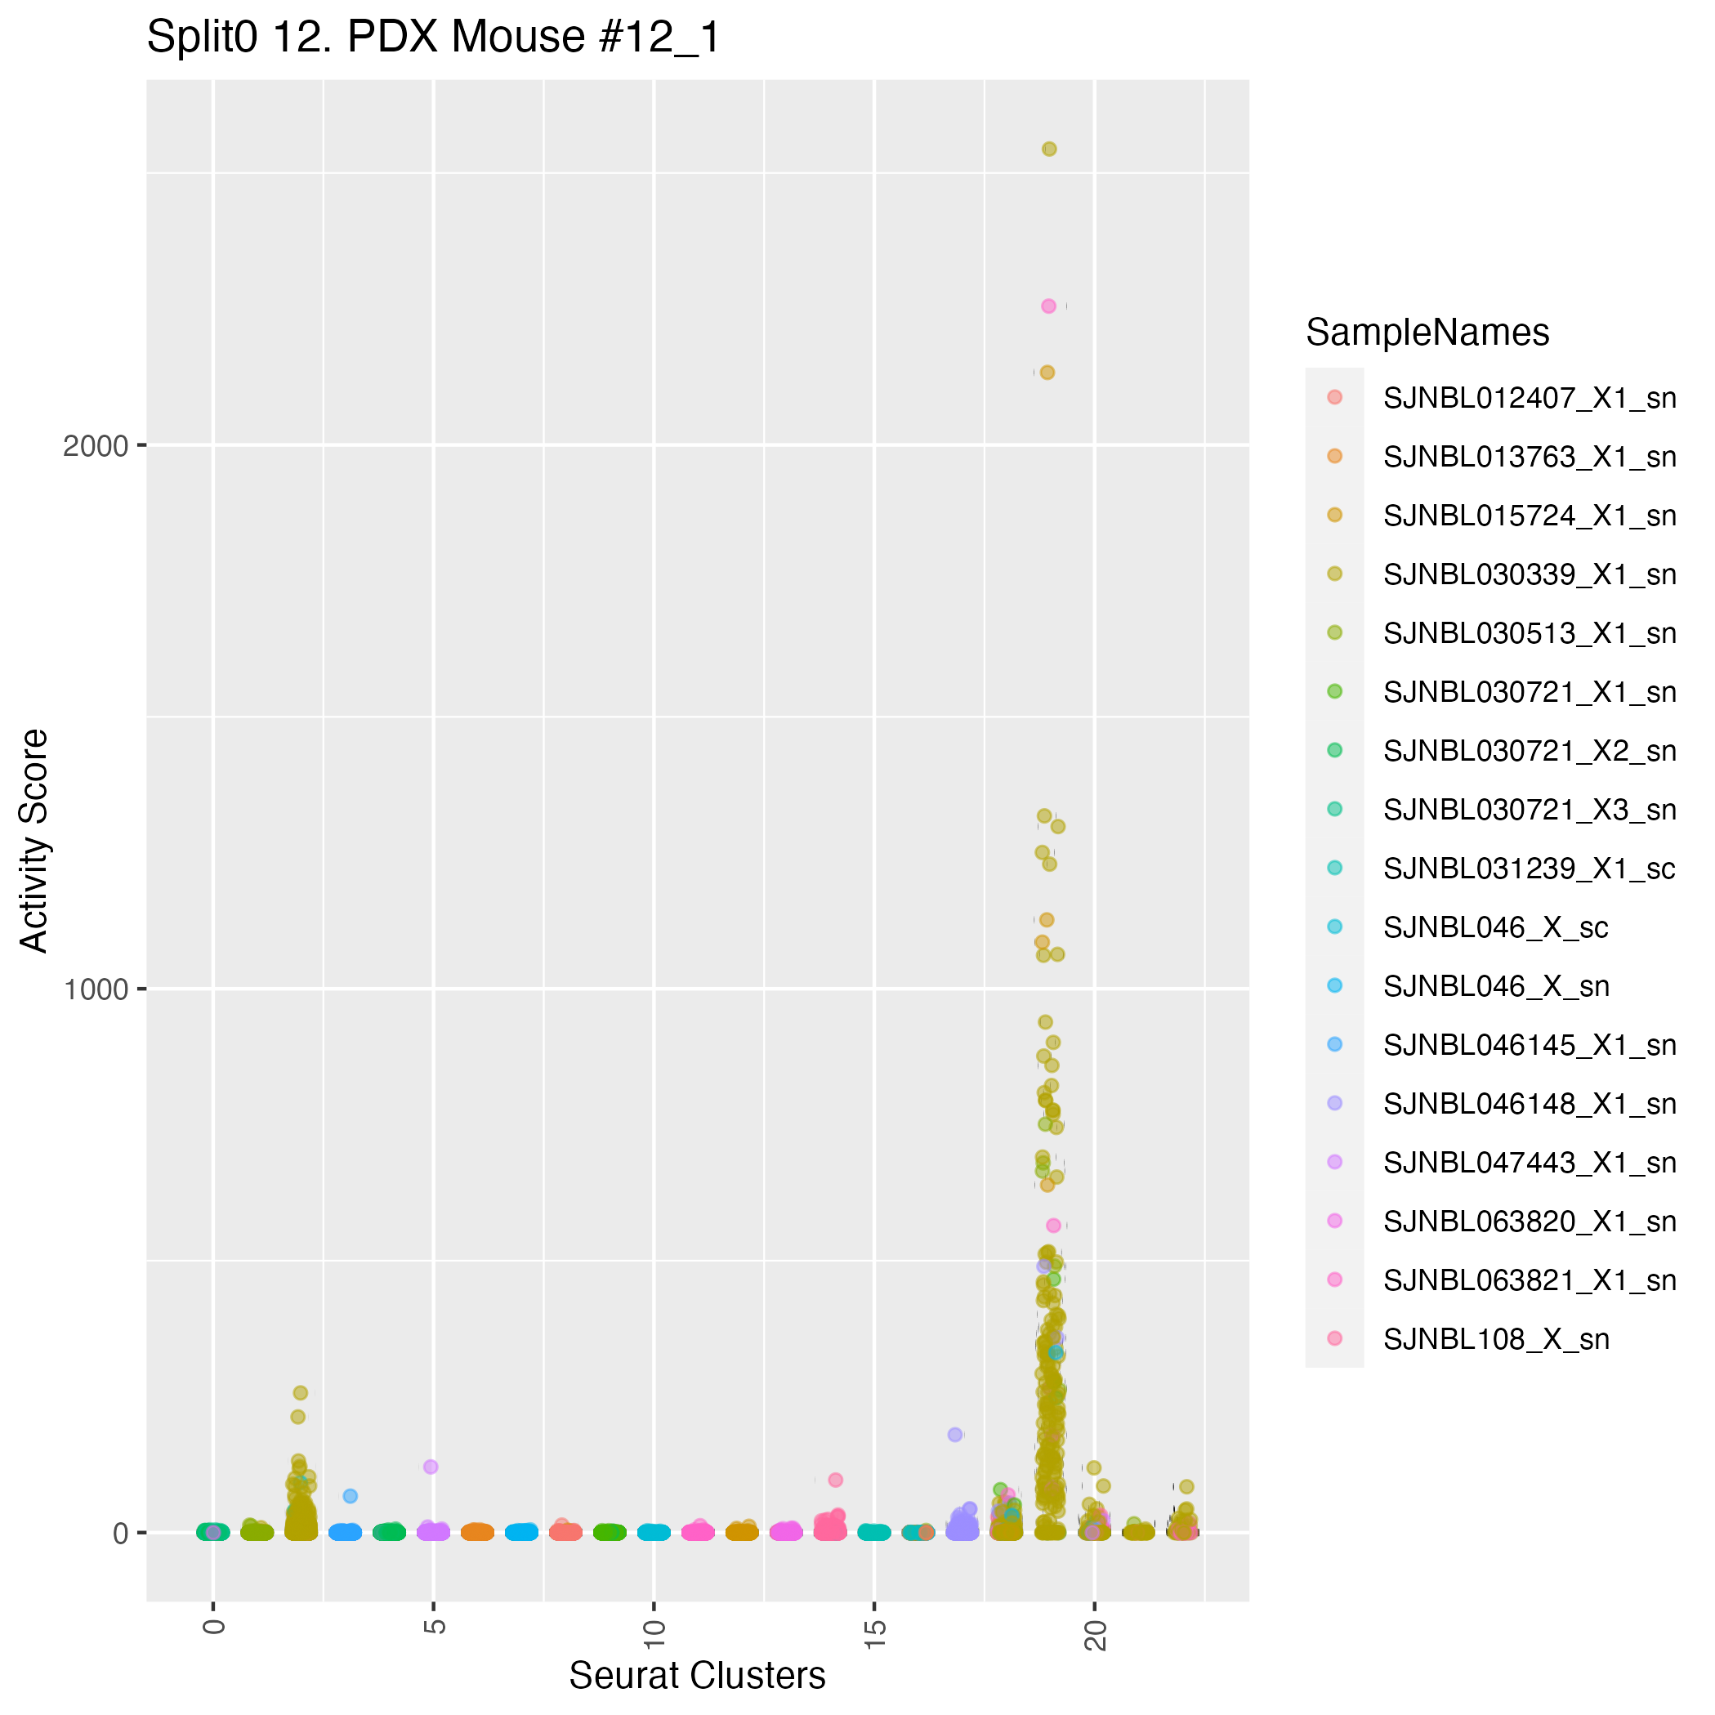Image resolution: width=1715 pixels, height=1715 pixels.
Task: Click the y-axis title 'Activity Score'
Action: (34, 840)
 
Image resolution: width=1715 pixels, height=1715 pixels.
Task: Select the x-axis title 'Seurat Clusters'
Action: (697, 1675)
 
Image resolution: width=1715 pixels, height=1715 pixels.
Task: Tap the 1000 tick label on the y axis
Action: (96, 989)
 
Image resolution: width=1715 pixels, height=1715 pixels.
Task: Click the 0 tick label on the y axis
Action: (123, 1533)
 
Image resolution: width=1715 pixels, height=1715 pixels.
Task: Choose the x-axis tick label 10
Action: (654, 1633)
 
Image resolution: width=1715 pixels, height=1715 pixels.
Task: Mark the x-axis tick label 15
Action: (874, 1633)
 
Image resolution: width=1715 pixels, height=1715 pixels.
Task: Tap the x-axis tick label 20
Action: (1096, 1633)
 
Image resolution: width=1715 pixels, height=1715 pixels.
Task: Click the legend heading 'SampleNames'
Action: (1427, 333)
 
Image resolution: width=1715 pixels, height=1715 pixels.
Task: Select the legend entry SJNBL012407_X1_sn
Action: (1529, 399)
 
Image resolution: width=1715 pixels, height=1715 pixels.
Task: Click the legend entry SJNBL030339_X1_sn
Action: (1529, 575)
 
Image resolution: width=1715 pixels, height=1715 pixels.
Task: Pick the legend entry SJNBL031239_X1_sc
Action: (1529, 869)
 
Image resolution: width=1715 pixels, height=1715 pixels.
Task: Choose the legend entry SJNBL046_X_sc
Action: (1495, 927)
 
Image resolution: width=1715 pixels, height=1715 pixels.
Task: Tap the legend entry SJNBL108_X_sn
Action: (1496, 1339)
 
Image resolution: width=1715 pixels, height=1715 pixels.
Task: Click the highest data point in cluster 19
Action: (1049, 150)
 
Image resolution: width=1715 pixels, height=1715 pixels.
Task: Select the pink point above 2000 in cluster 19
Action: (1048, 306)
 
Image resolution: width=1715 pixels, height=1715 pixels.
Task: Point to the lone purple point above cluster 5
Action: (431, 1467)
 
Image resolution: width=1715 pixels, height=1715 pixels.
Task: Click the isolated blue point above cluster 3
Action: (351, 1497)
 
